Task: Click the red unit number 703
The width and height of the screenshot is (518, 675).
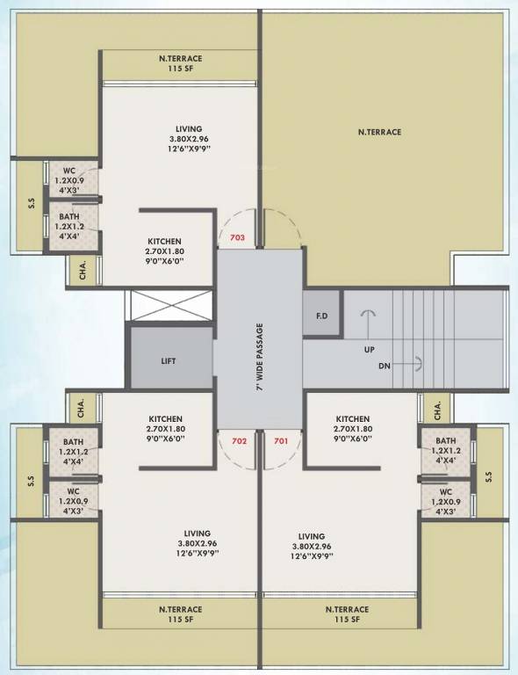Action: tap(236, 238)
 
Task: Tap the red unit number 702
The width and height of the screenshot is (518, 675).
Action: tap(239, 440)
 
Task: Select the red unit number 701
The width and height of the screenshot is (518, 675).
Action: tap(281, 440)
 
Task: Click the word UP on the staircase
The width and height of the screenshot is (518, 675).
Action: tap(370, 349)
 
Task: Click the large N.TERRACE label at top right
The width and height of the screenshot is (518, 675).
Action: tap(379, 132)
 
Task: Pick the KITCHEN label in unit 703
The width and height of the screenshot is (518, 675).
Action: tap(164, 241)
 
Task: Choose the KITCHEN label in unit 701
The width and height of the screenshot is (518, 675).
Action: tap(352, 419)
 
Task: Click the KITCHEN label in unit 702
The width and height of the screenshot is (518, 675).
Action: tap(165, 419)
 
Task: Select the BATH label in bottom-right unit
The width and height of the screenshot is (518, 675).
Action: tap(445, 441)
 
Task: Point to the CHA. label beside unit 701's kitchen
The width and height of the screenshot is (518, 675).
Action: tap(435, 409)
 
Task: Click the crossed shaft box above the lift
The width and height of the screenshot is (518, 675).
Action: tap(171, 305)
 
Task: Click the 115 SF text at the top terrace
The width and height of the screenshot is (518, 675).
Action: tap(180, 69)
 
